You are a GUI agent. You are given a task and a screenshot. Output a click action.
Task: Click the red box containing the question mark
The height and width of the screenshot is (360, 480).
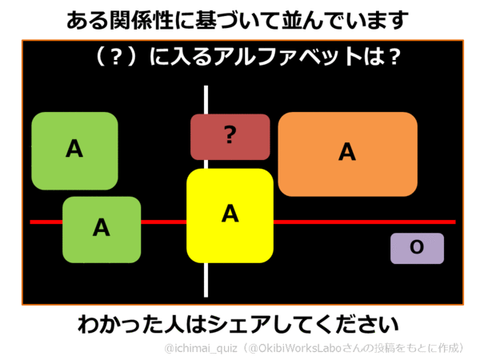click(230, 137)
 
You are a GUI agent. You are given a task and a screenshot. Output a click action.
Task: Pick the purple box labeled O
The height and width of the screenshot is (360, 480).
click(417, 248)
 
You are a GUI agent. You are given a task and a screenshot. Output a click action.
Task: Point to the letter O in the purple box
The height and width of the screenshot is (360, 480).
click(417, 248)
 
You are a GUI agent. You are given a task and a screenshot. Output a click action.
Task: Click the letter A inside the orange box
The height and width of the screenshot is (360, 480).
click(346, 152)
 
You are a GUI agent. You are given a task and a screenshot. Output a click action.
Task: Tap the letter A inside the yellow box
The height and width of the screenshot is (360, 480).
click(230, 214)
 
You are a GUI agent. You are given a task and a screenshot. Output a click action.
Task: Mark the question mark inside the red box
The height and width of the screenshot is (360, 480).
click(230, 136)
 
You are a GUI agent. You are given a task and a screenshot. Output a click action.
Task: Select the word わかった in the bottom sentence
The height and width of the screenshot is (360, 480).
click(111, 326)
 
